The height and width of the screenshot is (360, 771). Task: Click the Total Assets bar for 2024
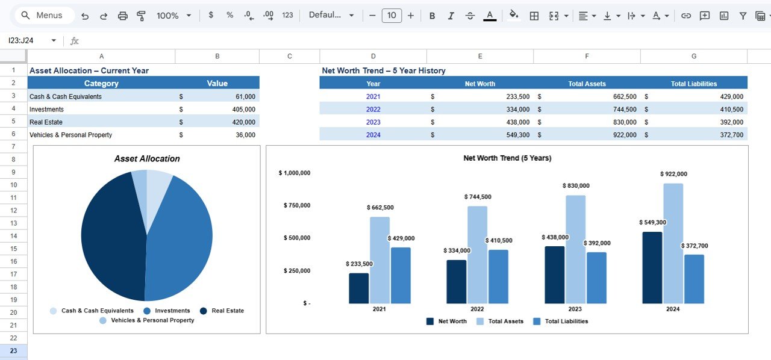click(673, 243)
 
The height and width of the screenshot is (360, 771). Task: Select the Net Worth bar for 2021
click(358, 288)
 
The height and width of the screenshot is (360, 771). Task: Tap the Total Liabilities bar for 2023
click(596, 278)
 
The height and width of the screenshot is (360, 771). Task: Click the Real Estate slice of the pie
click(111, 235)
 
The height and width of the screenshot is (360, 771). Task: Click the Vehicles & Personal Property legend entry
click(152, 320)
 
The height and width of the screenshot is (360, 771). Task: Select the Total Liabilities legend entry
click(566, 321)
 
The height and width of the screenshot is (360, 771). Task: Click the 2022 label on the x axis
click(477, 309)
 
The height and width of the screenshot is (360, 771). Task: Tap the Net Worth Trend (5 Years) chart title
click(507, 158)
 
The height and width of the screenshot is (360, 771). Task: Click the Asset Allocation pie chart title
click(147, 159)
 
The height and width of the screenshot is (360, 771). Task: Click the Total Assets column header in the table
click(587, 84)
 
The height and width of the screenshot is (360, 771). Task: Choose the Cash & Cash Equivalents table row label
click(66, 96)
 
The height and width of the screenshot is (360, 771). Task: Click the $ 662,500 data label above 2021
click(380, 208)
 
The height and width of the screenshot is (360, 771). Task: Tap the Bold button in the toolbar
click(432, 16)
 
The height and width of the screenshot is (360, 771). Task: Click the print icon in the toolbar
click(122, 16)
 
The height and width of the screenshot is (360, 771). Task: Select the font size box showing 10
click(392, 16)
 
